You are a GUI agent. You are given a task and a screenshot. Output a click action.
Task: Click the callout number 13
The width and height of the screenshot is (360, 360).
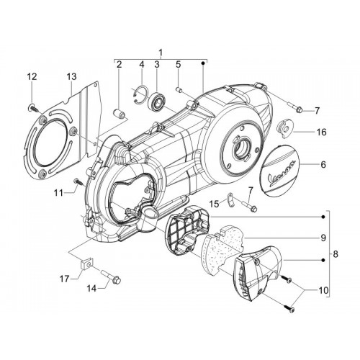point(71,76)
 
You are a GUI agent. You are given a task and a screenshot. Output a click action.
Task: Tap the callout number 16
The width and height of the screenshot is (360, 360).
point(322,132)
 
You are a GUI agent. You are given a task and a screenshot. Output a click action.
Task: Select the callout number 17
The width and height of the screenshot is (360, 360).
point(64,279)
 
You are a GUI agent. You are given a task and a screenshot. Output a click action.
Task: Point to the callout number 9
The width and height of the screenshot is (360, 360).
point(323,238)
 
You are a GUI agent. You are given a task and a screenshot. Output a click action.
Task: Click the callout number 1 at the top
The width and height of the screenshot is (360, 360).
point(161,53)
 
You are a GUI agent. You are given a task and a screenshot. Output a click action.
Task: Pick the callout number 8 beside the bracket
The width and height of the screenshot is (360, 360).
point(336,254)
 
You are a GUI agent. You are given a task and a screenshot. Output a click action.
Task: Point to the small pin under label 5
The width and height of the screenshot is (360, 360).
point(179,91)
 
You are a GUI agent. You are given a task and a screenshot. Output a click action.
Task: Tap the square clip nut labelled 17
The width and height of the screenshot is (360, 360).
point(86,264)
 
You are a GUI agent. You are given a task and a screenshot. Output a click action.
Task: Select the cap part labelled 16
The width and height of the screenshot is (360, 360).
point(284,130)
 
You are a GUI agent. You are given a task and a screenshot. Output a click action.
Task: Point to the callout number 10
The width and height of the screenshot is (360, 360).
point(323,290)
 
